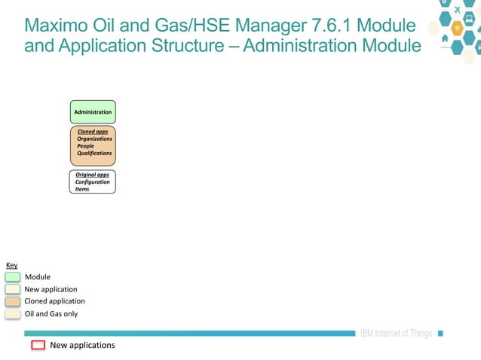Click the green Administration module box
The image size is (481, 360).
pyautogui.click(x=93, y=111)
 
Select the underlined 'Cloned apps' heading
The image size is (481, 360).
pyautogui.click(x=93, y=132)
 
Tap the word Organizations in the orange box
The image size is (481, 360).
pyautogui.click(x=94, y=139)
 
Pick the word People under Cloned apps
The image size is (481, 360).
pyautogui.click(x=85, y=146)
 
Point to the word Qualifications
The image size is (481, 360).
pyautogui.click(x=94, y=153)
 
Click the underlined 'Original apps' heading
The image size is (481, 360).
pyautogui.click(x=92, y=175)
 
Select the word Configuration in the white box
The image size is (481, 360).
pyautogui.click(x=92, y=182)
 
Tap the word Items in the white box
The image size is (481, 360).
pyautogui.click(x=82, y=189)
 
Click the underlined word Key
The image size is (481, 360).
pyautogui.click(x=11, y=265)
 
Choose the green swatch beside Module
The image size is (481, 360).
pyautogui.click(x=12, y=277)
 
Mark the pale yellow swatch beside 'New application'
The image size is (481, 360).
pyautogui.click(x=12, y=289)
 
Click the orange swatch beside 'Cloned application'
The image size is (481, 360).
pyautogui.click(x=12, y=301)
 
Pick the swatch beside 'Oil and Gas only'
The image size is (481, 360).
pyautogui.click(x=12, y=314)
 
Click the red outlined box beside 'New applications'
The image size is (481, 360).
pyautogui.click(x=38, y=346)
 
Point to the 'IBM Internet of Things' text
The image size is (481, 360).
pyautogui.click(x=396, y=334)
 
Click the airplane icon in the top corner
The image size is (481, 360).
pyautogui.click(x=457, y=9)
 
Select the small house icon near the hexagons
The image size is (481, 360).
pyautogui.click(x=445, y=38)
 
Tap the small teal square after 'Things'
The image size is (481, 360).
pyautogui.click(x=441, y=334)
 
